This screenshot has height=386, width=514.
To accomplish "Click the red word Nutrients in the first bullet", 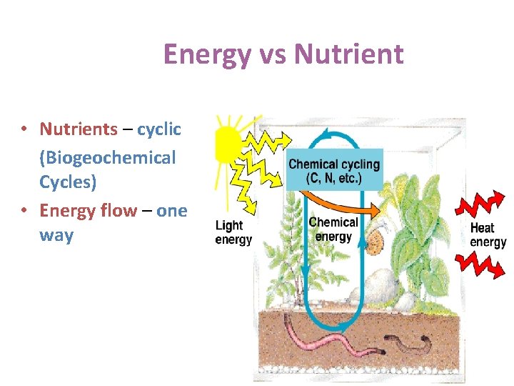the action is pyautogui.click(x=79, y=129).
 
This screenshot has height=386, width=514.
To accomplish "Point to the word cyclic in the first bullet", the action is pyautogui.click(x=158, y=129).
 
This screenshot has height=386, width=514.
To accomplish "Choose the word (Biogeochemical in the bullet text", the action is pyautogui.click(x=107, y=157).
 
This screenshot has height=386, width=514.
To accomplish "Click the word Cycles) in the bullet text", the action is pyautogui.click(x=68, y=182).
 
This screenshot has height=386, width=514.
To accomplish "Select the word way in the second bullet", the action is pyautogui.click(x=56, y=236).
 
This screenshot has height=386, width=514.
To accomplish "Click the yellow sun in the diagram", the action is pyautogui.click(x=228, y=143).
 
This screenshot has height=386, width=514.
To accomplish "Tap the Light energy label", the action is pyautogui.click(x=233, y=232).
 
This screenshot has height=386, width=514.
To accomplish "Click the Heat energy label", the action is pyautogui.click(x=488, y=235).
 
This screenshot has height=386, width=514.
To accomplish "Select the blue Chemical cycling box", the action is pyautogui.click(x=334, y=171).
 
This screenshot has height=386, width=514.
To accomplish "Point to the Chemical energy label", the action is pyautogui.click(x=333, y=229).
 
